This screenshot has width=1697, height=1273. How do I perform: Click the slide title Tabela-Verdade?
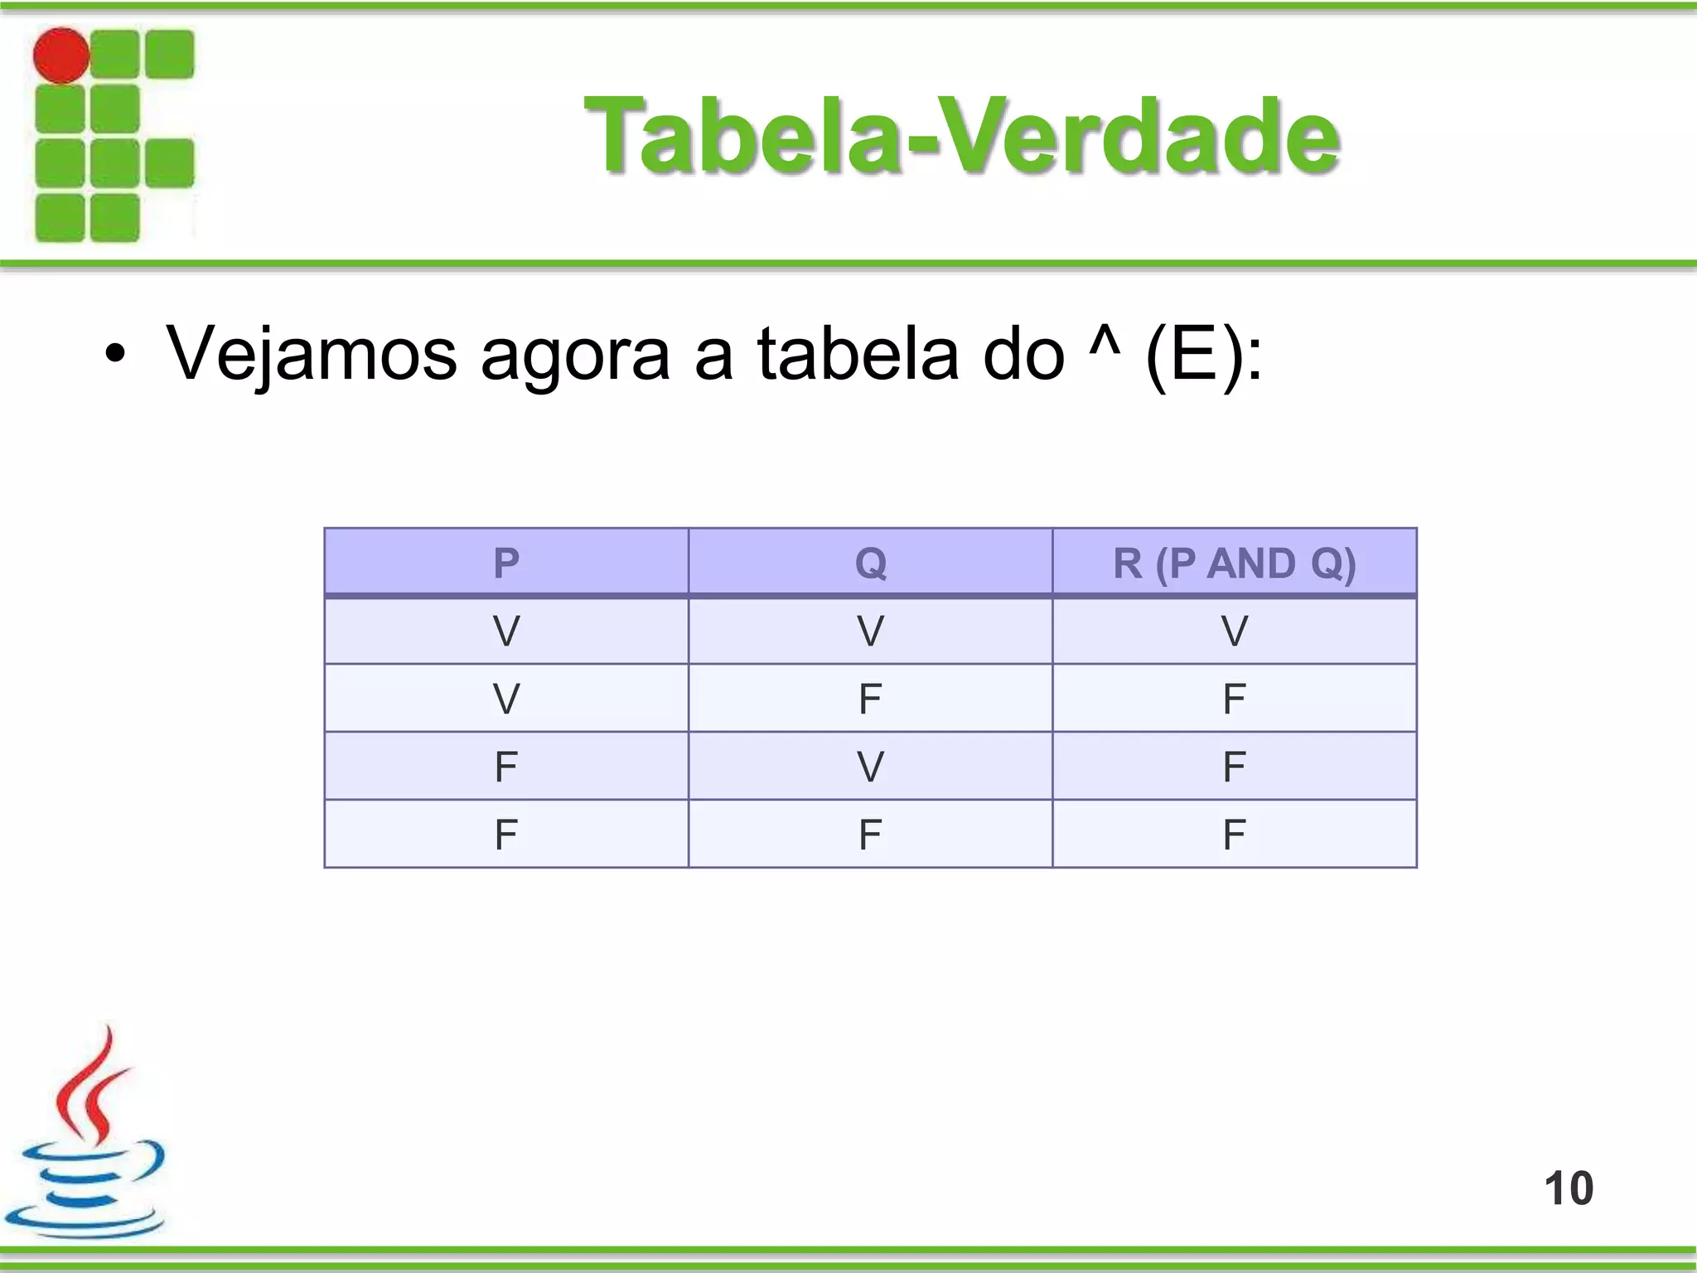[x=961, y=137]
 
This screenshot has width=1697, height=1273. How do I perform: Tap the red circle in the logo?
[x=61, y=56]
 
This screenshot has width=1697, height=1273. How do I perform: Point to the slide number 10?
[x=1568, y=1188]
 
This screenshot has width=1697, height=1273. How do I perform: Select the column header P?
[x=506, y=564]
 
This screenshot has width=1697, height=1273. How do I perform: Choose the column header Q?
[x=870, y=564]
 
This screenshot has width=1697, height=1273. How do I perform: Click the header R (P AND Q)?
[x=1234, y=564]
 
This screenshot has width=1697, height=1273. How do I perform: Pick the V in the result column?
[x=1234, y=632]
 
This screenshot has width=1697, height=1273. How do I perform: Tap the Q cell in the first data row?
[x=870, y=632]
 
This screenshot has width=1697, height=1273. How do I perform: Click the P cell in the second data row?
[x=506, y=699]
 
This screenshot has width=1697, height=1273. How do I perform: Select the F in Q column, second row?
[x=870, y=699]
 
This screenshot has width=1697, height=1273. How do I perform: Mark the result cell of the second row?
[x=1234, y=699]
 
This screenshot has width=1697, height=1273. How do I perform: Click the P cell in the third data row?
[x=506, y=767]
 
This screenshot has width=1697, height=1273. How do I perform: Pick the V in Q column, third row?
[x=870, y=767]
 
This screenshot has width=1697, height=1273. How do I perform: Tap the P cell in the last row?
[x=506, y=835]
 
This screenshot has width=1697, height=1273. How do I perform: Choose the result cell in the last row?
[x=1234, y=835]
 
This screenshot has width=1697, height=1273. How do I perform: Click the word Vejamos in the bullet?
[x=312, y=355]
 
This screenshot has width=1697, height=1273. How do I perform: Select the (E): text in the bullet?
[x=1203, y=355]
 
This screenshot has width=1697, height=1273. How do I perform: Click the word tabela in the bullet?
[x=858, y=355]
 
